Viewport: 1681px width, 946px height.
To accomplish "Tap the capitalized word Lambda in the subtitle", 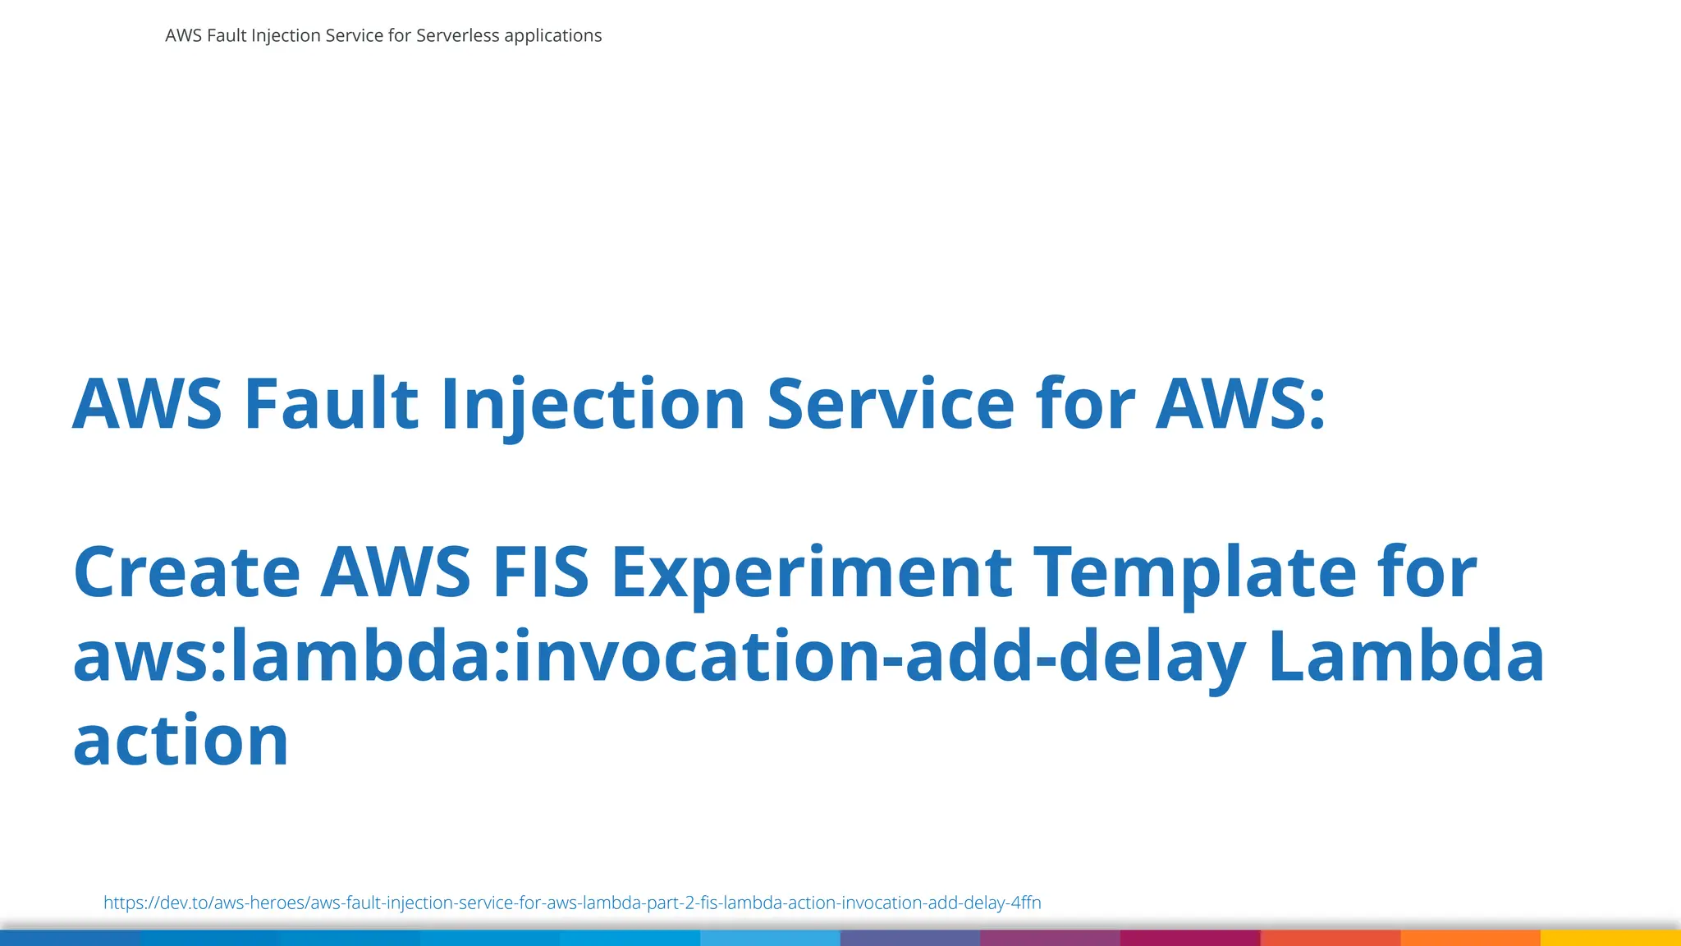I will pos(1406,657).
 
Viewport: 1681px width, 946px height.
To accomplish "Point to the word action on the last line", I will pos(181,741).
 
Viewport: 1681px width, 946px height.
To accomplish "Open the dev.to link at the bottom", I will pos(572,902).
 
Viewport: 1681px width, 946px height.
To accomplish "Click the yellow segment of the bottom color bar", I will pos(1610,938).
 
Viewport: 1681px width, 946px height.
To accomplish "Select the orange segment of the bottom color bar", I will pos(1470,938).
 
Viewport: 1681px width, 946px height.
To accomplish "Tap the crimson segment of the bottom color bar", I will pos(1190,938).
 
